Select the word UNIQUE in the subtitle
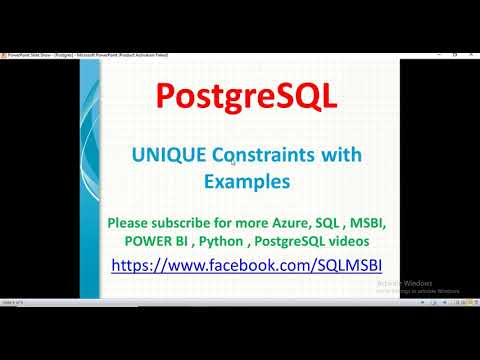click(x=164, y=155)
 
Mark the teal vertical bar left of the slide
click(x=85, y=180)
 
